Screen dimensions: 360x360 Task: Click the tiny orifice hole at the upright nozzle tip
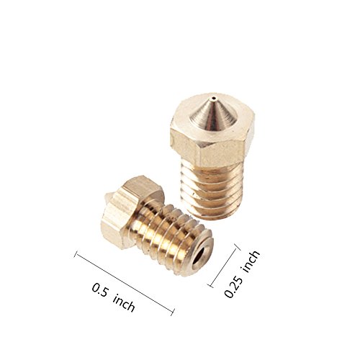tap(213, 98)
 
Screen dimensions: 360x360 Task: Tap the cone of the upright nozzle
tap(212, 114)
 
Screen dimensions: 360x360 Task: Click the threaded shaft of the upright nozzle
tap(212, 189)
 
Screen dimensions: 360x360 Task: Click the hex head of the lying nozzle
tap(125, 211)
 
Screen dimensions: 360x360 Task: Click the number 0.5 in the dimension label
tap(100, 290)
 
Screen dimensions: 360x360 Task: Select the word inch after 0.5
tap(124, 303)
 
